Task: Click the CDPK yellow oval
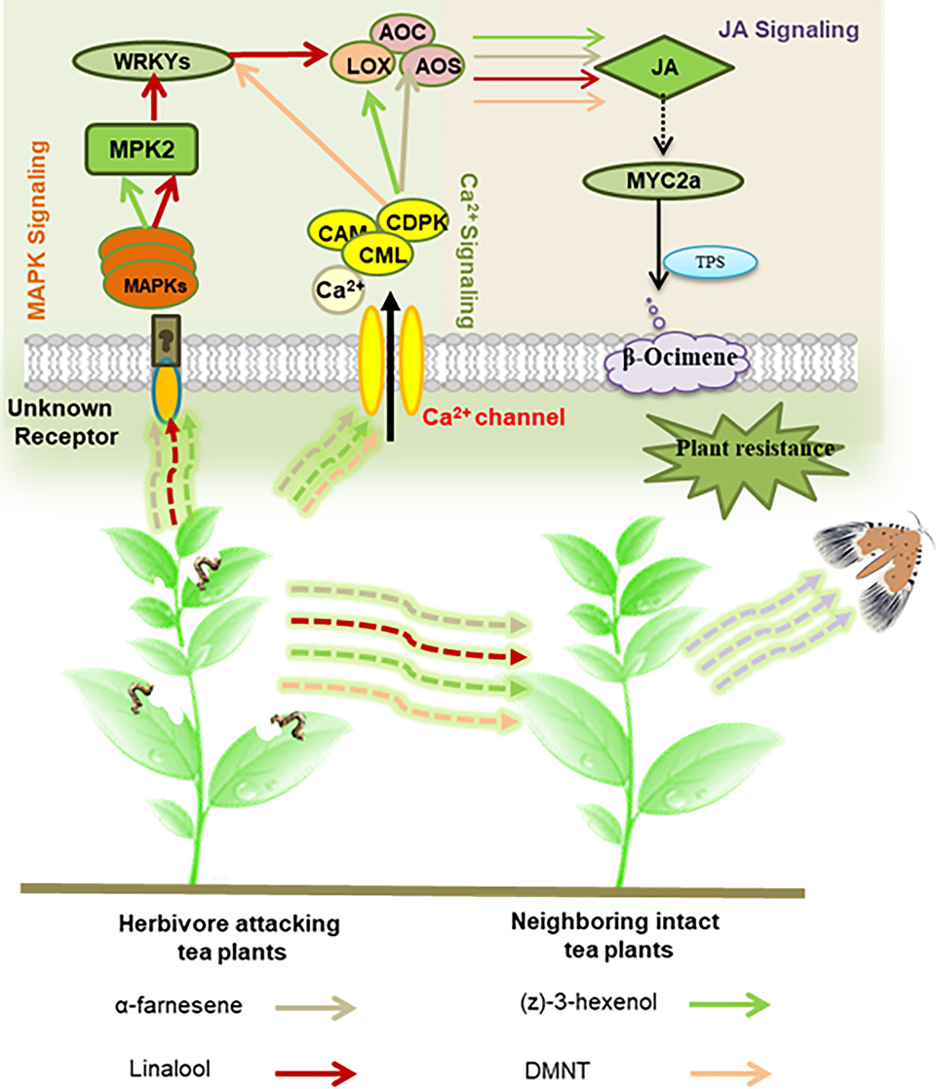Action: [410, 221]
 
